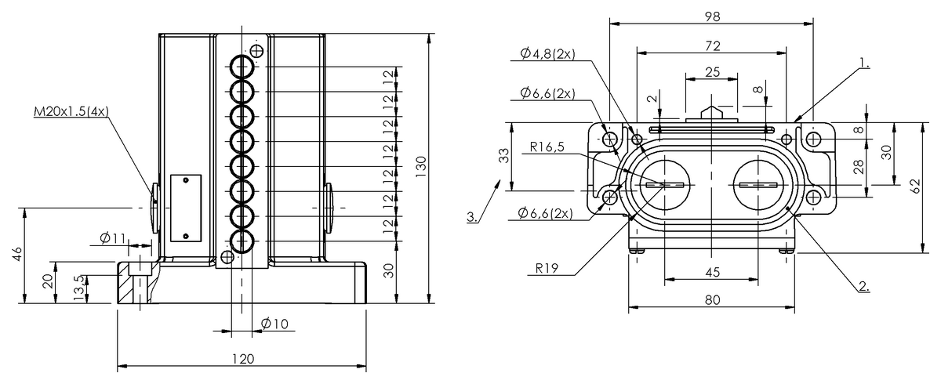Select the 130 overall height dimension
pyautogui.click(x=421, y=165)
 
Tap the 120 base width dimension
pyautogui.click(x=243, y=359)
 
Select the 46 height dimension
pyautogui.click(x=17, y=255)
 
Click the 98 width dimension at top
pyautogui.click(x=712, y=15)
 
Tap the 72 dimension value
pyautogui.click(x=712, y=45)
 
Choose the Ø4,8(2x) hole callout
pyautogui.click(x=547, y=54)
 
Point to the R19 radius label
pyautogui.click(x=547, y=268)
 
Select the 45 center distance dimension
pyautogui.click(x=711, y=272)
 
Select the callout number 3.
pyautogui.click(x=472, y=217)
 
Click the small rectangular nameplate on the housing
pyautogui.click(x=185, y=208)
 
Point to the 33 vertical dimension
pyautogui.click(x=503, y=157)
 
